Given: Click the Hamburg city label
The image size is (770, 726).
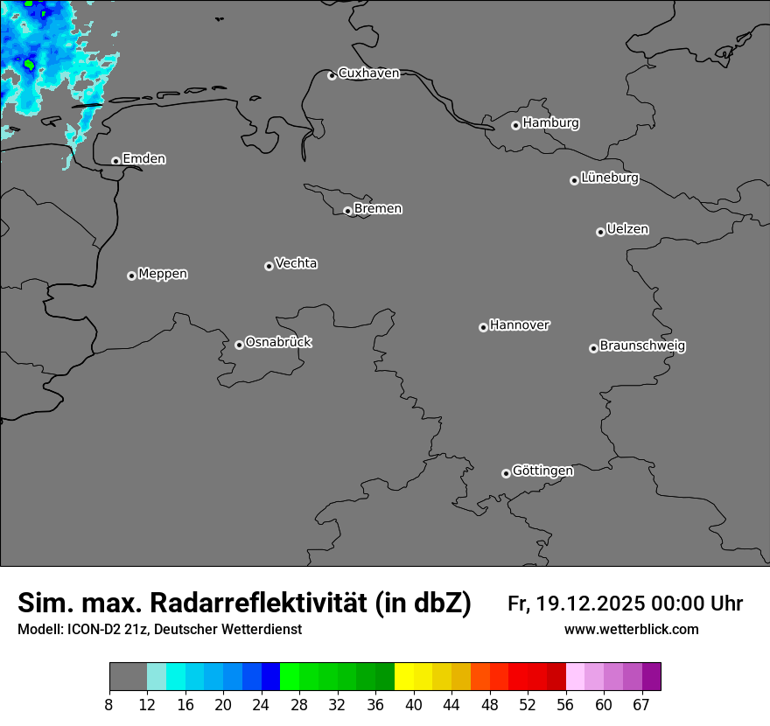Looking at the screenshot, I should tap(550, 123).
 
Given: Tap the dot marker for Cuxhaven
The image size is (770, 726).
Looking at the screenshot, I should tap(332, 75).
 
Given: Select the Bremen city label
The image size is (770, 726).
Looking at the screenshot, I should tap(378, 209).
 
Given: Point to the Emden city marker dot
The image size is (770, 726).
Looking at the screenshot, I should tap(115, 161).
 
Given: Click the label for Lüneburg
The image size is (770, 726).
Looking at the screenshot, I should tap(609, 178).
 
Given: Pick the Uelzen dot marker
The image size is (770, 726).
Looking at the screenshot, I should tap(600, 232).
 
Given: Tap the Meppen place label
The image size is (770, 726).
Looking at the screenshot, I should tap(163, 274).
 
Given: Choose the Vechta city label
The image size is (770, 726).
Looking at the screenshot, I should tap(296, 263).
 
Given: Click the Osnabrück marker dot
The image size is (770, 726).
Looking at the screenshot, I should tap(239, 345).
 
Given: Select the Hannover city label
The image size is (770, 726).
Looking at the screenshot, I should tap(520, 325).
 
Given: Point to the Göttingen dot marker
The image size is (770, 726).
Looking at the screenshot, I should tap(506, 473).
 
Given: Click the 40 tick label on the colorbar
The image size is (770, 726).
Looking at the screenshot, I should tap(414, 705).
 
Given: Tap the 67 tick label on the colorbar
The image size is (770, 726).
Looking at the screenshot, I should tap(641, 705).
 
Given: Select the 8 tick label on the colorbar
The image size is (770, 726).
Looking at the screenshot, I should tap(109, 705).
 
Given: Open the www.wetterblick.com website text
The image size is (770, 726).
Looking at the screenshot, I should tap(631, 630).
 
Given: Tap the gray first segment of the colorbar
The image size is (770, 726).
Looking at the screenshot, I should tap(128, 677).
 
